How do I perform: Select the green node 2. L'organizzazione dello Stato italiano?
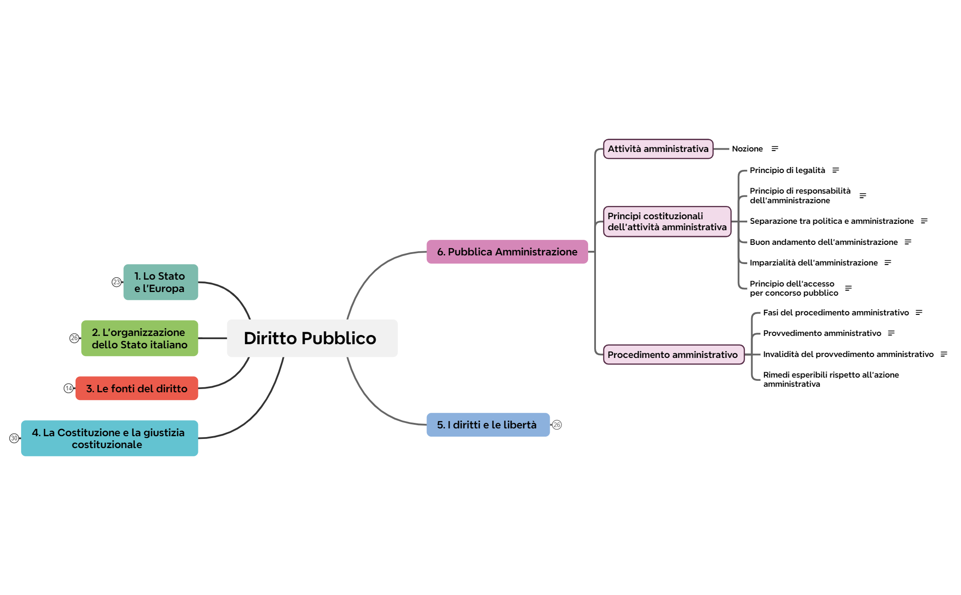tap(139, 338)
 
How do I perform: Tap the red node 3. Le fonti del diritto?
tap(137, 389)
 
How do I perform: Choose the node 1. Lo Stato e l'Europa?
tap(160, 282)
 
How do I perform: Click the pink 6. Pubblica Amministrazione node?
tap(507, 252)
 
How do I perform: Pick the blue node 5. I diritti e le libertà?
tap(487, 425)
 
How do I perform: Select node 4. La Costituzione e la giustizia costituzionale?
tap(109, 438)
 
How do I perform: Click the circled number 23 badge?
tap(116, 282)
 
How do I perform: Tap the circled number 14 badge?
tap(68, 388)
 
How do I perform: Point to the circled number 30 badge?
tap(14, 438)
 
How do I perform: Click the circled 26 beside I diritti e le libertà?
tap(557, 425)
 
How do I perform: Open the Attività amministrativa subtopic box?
tap(658, 149)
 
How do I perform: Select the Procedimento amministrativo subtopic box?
tap(673, 355)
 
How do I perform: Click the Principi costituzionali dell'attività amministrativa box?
tap(666, 222)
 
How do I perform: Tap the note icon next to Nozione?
tap(775, 149)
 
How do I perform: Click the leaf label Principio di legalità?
tap(787, 170)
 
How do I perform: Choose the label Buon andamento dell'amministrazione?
tap(823, 242)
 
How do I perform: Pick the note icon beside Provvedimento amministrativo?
tap(891, 333)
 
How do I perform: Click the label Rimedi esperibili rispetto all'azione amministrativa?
tap(830, 379)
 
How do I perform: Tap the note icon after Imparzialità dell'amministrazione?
tap(887, 263)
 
